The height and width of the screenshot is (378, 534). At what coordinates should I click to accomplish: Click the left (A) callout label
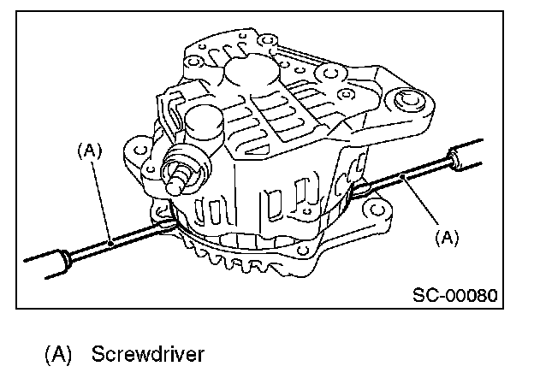click(89, 151)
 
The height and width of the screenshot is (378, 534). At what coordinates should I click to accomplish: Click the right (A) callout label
click(448, 239)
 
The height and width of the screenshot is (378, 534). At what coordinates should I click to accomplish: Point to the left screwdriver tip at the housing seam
click(171, 225)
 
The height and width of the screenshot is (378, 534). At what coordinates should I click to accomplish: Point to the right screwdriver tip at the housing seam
click(359, 191)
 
